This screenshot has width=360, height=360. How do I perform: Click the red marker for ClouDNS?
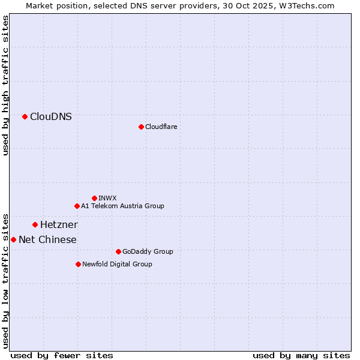click(25, 117)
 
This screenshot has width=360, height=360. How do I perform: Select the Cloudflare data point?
click(141, 127)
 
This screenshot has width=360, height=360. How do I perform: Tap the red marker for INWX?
click(94, 198)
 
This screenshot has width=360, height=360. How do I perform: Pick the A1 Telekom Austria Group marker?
click(77, 206)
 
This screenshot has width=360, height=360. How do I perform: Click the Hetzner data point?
click(35, 225)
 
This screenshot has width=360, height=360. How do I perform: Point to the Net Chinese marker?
click(13, 240)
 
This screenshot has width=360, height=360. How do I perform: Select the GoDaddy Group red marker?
click(118, 251)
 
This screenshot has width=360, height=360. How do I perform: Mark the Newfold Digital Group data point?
click(78, 264)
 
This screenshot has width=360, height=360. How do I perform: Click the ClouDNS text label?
click(51, 117)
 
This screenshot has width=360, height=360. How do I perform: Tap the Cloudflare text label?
click(161, 127)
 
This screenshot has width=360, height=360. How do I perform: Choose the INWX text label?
click(107, 198)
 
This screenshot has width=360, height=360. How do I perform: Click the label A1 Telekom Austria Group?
click(122, 206)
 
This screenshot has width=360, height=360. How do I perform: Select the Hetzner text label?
click(59, 225)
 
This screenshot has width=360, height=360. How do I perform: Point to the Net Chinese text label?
click(47, 240)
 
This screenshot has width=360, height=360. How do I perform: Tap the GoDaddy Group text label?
click(148, 251)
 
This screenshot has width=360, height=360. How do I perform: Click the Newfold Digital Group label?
click(117, 264)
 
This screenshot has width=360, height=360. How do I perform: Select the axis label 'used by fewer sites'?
click(62, 355)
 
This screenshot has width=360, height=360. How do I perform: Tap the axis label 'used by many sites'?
click(301, 355)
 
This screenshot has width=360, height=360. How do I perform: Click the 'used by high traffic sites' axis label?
click(6, 86)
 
